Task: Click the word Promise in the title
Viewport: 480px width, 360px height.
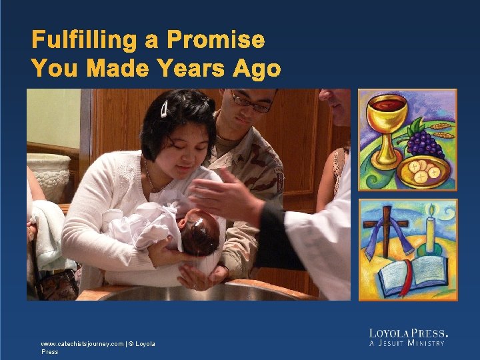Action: tap(215, 40)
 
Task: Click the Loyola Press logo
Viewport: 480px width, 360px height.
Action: tap(408, 333)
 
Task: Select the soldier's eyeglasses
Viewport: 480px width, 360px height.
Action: tap(251, 103)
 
